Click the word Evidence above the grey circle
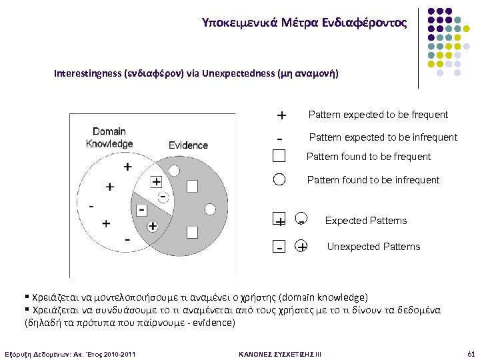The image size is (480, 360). [x=188, y=145]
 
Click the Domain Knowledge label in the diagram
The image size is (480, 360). [x=109, y=137]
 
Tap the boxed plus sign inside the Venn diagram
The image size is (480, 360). [x=156, y=181]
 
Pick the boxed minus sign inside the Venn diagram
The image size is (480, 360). [x=141, y=210]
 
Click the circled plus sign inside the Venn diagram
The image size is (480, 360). [x=152, y=227]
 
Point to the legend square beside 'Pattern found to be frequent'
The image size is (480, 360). [x=279, y=157]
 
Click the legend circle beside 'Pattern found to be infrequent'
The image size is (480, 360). [x=279, y=179]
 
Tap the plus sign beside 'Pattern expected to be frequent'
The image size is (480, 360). [x=281, y=115]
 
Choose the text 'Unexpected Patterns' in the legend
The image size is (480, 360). [x=373, y=247]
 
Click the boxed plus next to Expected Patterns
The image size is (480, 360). [x=279, y=221]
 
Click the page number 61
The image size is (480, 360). [x=469, y=353]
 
